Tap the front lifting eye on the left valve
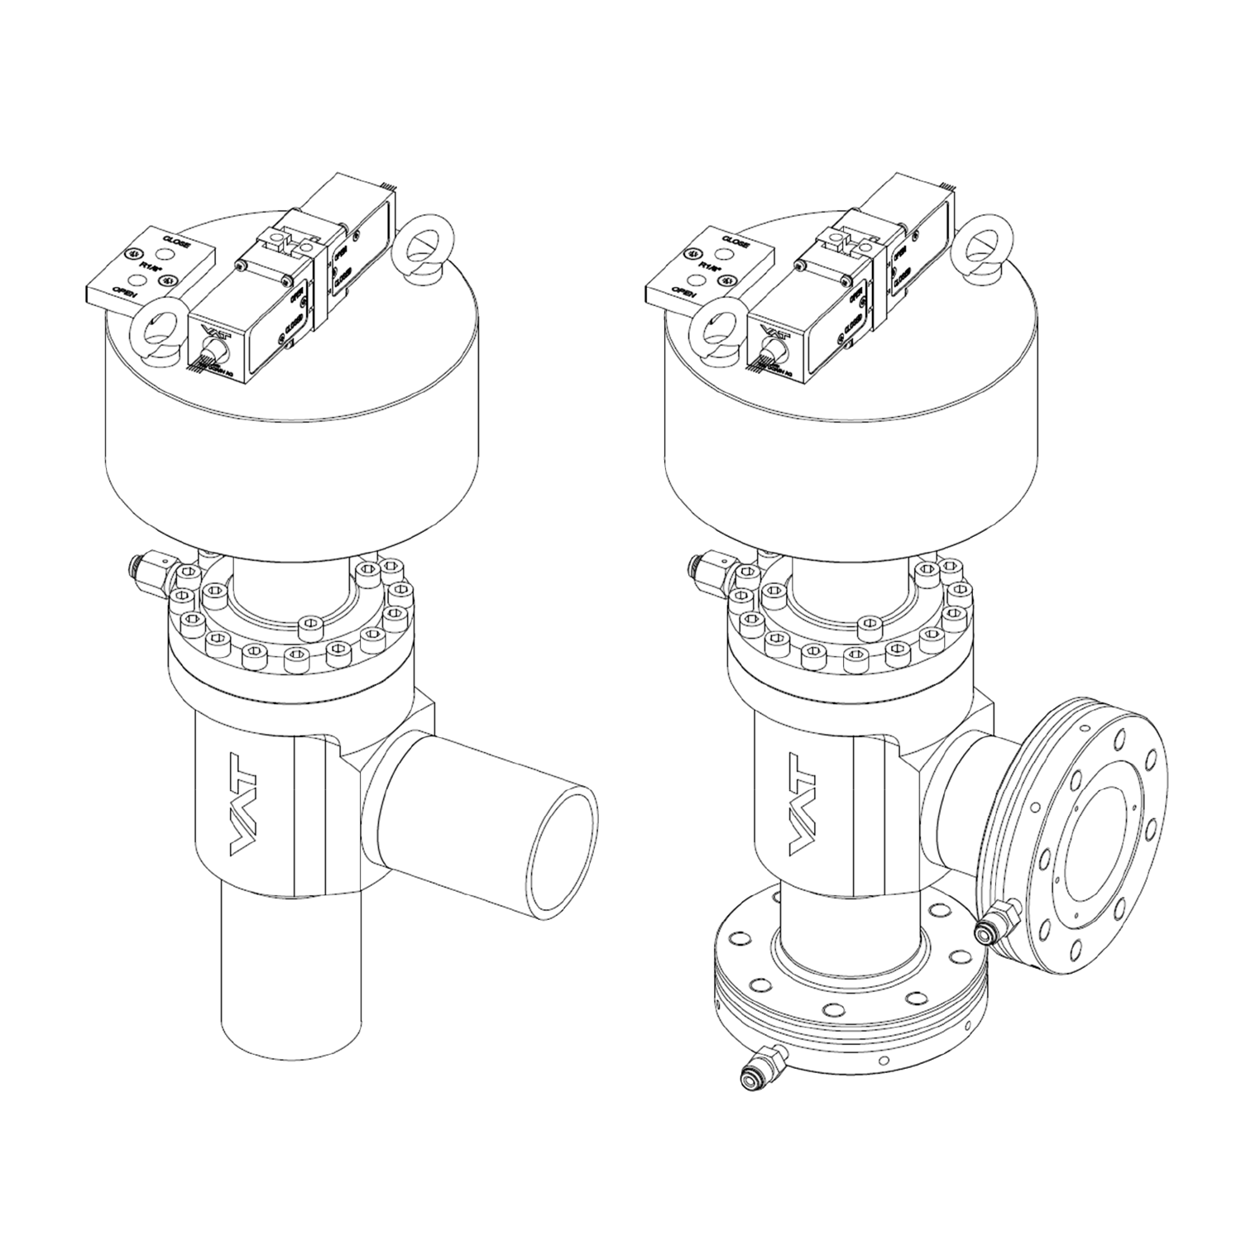pyautogui.click(x=155, y=335)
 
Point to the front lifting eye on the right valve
pyautogui.click(x=712, y=335)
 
